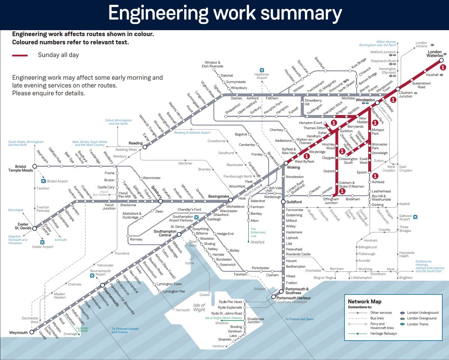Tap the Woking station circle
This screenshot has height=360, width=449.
(286, 163)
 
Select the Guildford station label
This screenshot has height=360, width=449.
(294, 202)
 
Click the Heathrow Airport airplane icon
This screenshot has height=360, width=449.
(262, 70)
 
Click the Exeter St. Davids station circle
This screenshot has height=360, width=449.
(34, 229)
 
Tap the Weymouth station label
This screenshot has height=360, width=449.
(19, 332)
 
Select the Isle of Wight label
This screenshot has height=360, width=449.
(199, 308)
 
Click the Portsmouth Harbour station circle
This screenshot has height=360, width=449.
(273, 297)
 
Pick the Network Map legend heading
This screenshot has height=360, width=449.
(364, 302)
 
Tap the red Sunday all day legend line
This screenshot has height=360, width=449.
(20, 55)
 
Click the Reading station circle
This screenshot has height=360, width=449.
(145, 147)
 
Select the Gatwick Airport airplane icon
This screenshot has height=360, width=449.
(415, 217)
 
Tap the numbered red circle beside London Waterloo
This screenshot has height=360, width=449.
(443, 67)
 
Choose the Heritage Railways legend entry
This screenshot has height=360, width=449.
(383, 334)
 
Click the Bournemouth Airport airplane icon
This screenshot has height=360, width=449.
(93, 275)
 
